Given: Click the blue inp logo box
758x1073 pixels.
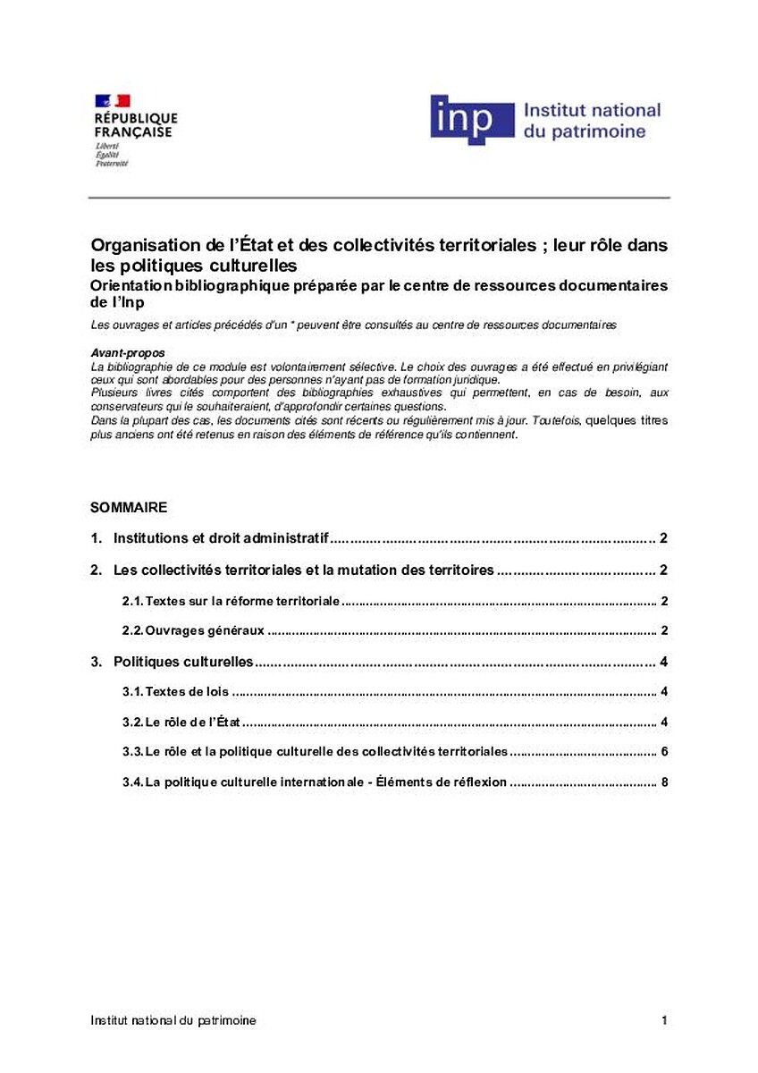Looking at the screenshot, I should [472, 119].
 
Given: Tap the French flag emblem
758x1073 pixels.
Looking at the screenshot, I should [112, 100].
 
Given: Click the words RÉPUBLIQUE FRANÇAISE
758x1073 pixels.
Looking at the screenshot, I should [135, 124].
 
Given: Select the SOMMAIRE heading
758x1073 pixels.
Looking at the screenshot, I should [129, 507].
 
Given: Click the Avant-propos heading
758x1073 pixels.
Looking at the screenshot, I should [128, 353].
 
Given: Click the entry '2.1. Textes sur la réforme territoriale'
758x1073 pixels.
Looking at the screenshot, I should [231, 601].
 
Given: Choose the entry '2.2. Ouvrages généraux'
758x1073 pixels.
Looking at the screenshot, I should [193, 630].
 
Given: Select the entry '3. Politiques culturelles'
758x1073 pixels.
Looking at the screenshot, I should [184, 663].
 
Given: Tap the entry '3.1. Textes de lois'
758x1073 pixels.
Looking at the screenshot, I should [176, 692].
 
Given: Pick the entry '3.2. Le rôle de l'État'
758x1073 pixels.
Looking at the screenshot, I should [182, 722].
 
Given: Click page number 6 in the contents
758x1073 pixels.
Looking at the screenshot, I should [664, 752].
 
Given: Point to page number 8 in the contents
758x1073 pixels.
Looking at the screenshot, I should [664, 782].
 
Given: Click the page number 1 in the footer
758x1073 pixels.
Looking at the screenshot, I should [664, 1020].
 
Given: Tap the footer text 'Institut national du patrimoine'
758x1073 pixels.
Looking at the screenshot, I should [173, 1020].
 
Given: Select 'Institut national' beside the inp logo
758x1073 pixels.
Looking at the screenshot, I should [592, 111].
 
